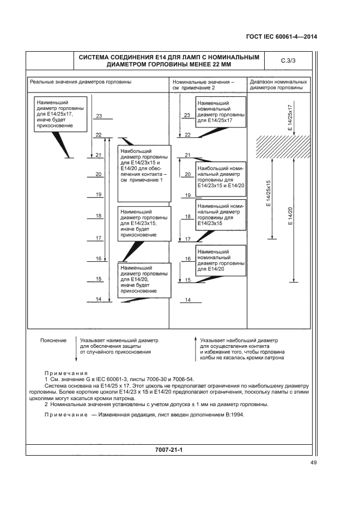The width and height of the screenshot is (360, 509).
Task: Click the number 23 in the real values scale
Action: click(99, 116)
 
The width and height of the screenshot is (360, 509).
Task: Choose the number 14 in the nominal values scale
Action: click(187, 300)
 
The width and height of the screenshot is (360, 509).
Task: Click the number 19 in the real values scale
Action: click(99, 194)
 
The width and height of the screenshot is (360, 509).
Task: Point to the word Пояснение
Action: click(53, 340)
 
